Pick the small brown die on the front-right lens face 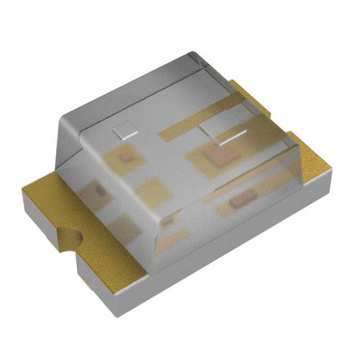point(243,197)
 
